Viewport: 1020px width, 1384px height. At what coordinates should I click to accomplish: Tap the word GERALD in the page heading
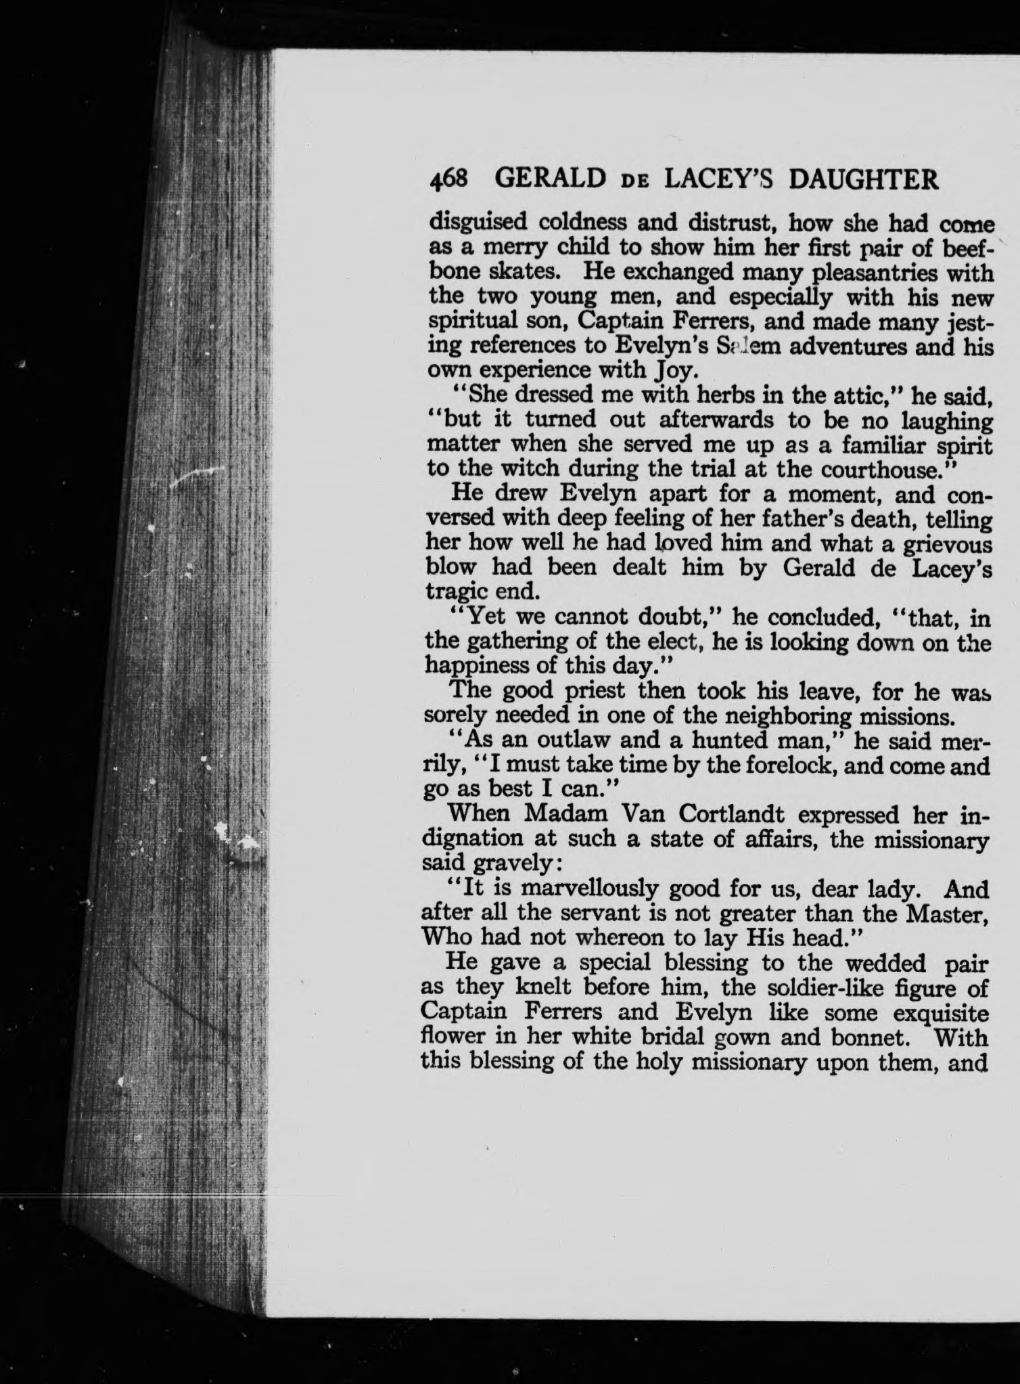(549, 179)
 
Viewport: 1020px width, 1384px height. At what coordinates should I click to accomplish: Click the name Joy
(670, 371)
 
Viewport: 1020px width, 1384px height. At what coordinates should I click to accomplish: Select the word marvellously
(590, 888)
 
